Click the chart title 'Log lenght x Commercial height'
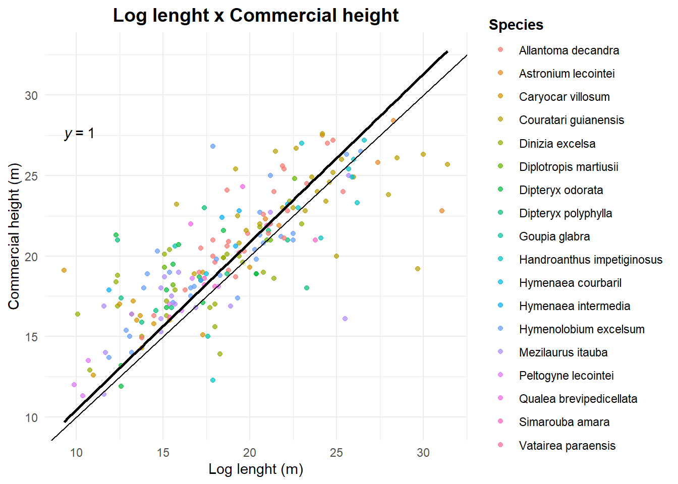pos(256,16)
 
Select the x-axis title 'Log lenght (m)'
pos(256,469)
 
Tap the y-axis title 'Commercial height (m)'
pos(14,236)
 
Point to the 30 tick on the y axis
pos(31,95)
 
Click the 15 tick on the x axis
pos(163,452)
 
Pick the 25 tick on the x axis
pos(336,452)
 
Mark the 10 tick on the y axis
pos(31,417)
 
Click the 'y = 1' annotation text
pos(79,134)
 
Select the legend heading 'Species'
pos(516,25)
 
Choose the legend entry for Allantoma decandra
pos(569,50)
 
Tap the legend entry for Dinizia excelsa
pos(557,144)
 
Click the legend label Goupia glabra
pos(554,236)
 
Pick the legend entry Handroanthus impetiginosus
pos(590,260)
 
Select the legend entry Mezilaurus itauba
pos(563,352)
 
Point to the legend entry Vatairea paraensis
pos(567,446)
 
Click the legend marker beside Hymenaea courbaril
pos(500,282)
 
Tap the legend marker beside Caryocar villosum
pos(500,96)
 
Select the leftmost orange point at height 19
pos(64,270)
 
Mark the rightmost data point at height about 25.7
pos(447,164)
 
